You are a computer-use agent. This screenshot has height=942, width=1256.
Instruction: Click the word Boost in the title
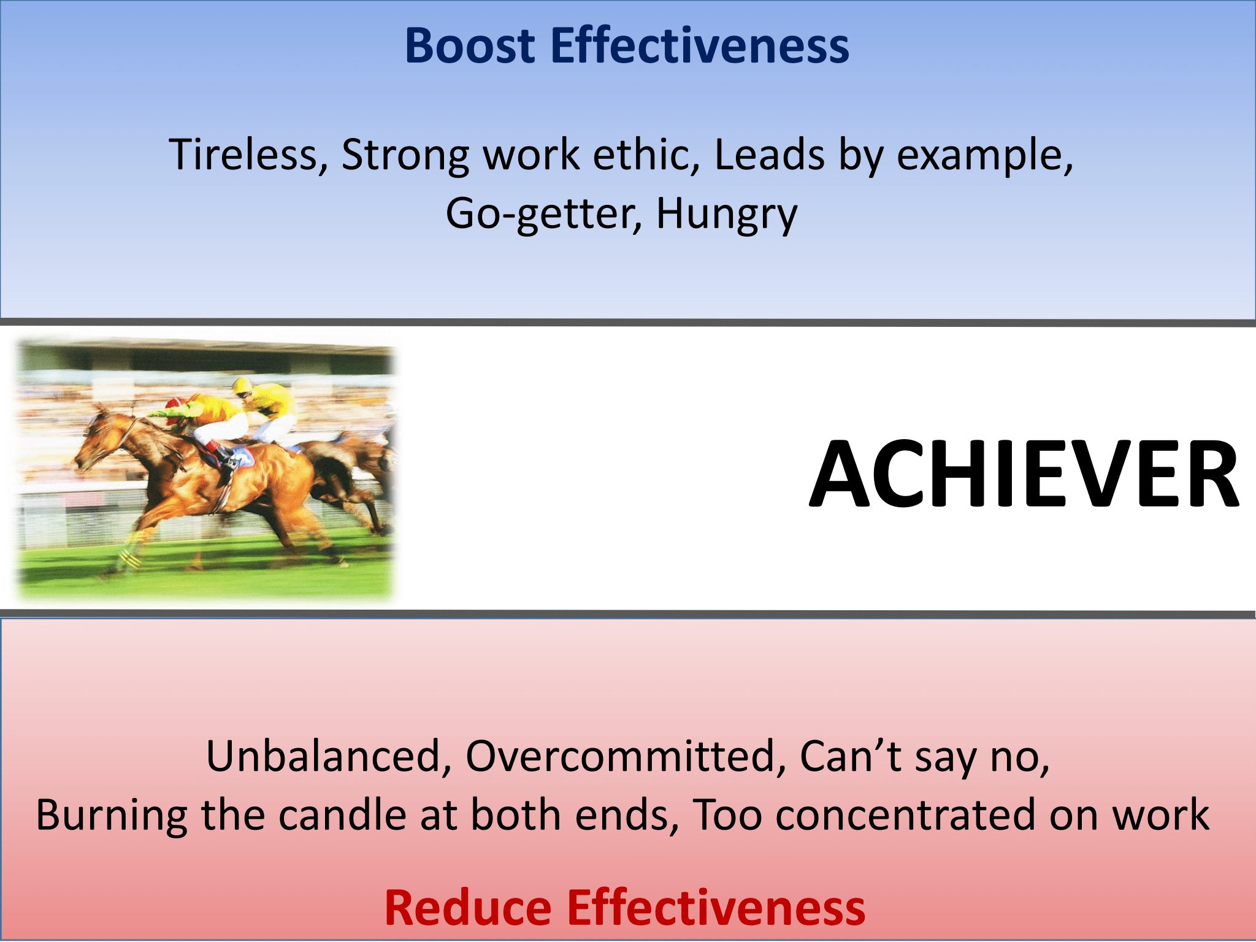tap(469, 46)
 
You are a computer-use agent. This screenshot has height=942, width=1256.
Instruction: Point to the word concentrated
tap(906, 815)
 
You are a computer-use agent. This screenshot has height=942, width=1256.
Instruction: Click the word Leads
tap(769, 155)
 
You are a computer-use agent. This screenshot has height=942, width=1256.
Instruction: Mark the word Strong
tap(405, 155)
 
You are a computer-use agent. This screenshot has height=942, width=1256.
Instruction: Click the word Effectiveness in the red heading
tap(715, 908)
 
